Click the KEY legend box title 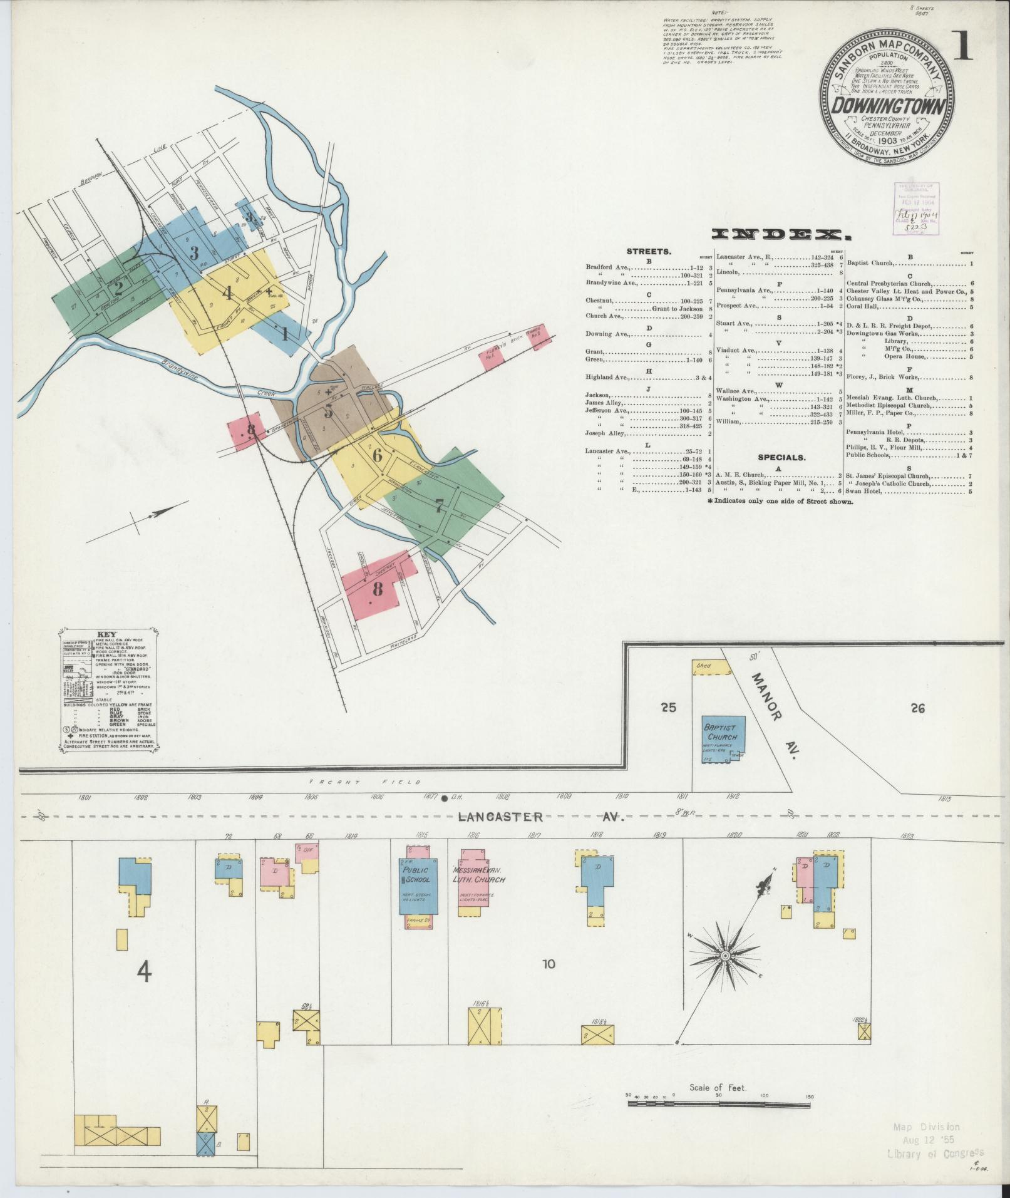coord(108,633)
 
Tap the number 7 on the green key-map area coord(439,506)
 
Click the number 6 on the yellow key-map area coord(377,455)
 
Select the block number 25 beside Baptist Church coord(668,708)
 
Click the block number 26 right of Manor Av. coord(918,708)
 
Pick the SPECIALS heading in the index coord(781,458)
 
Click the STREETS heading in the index coord(649,252)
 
